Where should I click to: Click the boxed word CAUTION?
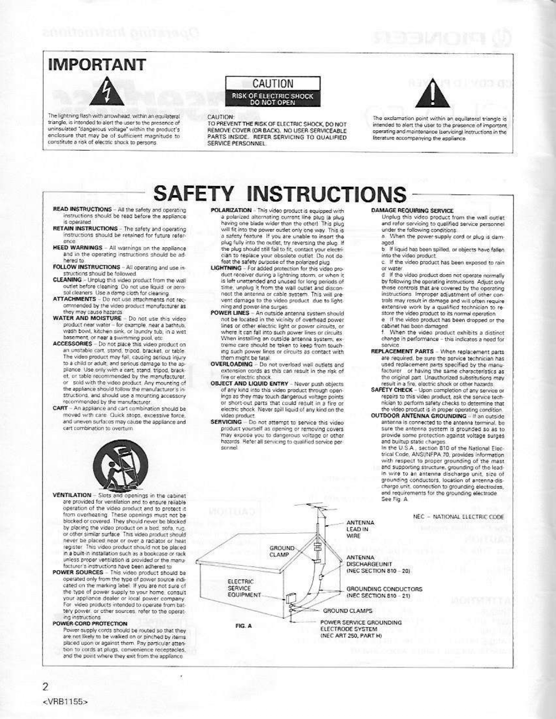coord(273,84)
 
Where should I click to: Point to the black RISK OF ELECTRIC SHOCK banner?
coord(273,99)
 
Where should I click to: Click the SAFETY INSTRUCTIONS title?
coord(281,194)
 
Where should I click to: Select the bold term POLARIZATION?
coord(231,210)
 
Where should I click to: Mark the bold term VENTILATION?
coord(72,495)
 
